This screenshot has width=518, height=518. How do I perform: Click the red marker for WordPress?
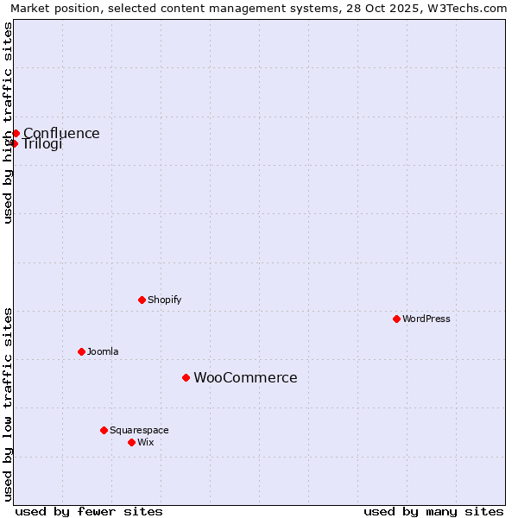(396, 319)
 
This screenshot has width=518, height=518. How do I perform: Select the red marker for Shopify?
(142, 300)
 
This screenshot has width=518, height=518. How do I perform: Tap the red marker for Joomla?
(81, 351)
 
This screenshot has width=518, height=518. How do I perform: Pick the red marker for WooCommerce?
(186, 377)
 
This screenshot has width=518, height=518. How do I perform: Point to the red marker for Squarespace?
(104, 430)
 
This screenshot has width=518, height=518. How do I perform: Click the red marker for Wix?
(131, 442)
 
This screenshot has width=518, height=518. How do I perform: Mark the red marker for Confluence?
(16, 133)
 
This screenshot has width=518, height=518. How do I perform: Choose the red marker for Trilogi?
(14, 143)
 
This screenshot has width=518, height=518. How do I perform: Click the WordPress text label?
(426, 319)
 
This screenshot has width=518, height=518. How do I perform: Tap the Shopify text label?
(165, 300)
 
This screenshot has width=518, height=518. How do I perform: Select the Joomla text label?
(103, 351)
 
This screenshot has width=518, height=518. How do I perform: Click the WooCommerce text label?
(245, 377)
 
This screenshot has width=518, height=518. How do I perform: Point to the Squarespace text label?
(139, 430)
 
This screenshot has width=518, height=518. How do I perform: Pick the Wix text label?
(146, 442)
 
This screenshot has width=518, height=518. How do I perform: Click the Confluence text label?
(61, 133)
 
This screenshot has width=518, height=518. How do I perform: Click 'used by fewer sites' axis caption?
(89, 511)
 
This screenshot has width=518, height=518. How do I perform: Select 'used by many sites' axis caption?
(433, 511)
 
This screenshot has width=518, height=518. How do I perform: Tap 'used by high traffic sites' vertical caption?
(8, 123)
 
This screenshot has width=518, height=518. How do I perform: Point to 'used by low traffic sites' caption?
(8, 404)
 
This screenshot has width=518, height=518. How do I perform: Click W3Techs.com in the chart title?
(472, 8)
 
